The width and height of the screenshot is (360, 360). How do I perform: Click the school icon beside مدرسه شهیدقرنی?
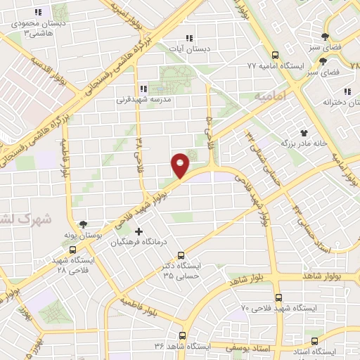(x=144, y=89)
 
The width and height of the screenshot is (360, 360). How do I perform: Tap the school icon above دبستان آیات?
(x=188, y=38)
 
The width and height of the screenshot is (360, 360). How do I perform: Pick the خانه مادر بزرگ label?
(x=304, y=143)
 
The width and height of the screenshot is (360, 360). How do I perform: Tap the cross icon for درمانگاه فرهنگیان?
(x=138, y=231)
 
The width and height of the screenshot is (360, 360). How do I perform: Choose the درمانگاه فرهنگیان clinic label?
(x=138, y=243)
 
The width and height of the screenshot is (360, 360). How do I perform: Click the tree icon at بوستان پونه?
(x=84, y=225)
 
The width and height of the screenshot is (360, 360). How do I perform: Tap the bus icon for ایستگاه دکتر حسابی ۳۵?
(x=181, y=255)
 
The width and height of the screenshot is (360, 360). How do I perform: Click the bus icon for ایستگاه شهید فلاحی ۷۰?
(x=278, y=297)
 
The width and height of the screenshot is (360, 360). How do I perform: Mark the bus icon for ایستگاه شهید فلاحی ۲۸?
(x=72, y=249)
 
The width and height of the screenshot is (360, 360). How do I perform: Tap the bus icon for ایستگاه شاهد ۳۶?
(x=182, y=335)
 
